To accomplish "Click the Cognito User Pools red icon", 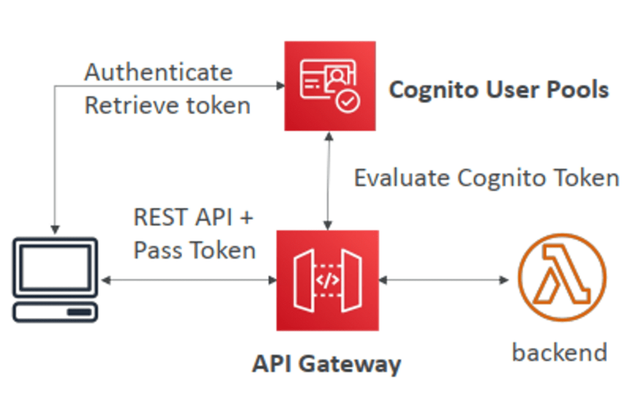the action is pyautogui.click(x=330, y=86).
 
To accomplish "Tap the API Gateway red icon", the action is pyautogui.click(x=327, y=281).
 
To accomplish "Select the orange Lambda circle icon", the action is pyautogui.click(x=562, y=277).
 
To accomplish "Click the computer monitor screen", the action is pyautogui.click(x=55, y=267).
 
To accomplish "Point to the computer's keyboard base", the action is pyautogui.click(x=55, y=312).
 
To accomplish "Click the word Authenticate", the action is pyautogui.click(x=158, y=72).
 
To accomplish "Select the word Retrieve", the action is pyautogui.click(x=131, y=106).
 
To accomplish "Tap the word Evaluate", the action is pyautogui.click(x=401, y=178).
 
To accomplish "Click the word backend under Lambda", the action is pyautogui.click(x=560, y=352).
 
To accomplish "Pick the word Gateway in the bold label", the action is pyautogui.click(x=350, y=364).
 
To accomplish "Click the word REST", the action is pyautogui.click(x=162, y=217).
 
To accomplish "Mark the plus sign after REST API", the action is pyautogui.click(x=247, y=217).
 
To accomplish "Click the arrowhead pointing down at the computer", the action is pyautogui.click(x=55, y=229).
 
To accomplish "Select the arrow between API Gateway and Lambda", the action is pyautogui.click(x=444, y=280).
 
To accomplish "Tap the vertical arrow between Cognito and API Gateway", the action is pyautogui.click(x=328, y=181).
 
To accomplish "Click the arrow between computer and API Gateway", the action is pyautogui.click(x=189, y=280).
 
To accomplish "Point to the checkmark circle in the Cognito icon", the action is pyautogui.click(x=348, y=101).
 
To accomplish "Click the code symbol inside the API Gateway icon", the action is pyautogui.click(x=327, y=280).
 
